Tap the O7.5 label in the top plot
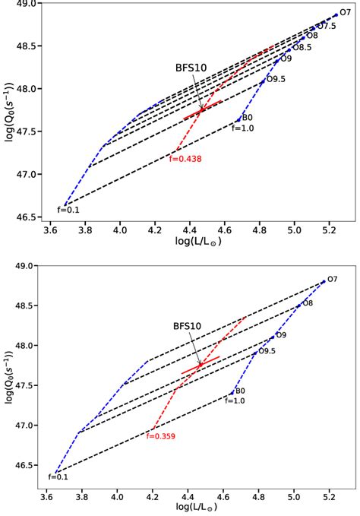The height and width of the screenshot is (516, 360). click(326, 26)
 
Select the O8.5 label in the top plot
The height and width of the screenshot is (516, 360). click(302, 47)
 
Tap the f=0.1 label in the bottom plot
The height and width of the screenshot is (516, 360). click(58, 477)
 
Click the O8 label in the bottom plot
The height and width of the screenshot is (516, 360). click(308, 304)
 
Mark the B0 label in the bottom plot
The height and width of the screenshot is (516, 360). click(239, 391)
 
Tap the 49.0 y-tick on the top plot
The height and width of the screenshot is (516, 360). click(27, 4)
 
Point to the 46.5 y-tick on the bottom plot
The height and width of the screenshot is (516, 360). click(27, 465)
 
